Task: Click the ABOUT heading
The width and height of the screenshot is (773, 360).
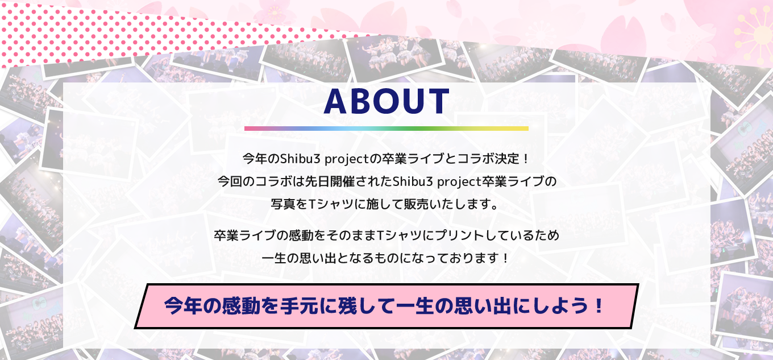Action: (386, 101)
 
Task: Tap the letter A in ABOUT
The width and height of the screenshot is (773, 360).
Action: (335, 101)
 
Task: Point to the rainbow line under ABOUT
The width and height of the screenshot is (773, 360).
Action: (386, 129)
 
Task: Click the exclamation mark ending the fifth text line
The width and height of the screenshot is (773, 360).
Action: (505, 258)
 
